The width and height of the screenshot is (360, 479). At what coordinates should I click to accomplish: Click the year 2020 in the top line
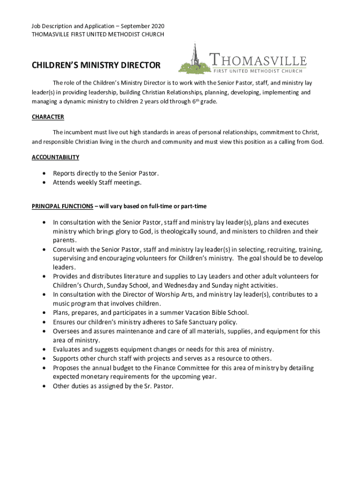[157, 26]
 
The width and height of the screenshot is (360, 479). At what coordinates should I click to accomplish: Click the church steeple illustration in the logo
[194, 58]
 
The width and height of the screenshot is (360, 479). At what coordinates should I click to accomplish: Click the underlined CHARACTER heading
[48, 117]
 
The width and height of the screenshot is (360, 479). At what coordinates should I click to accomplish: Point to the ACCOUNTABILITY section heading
[55, 157]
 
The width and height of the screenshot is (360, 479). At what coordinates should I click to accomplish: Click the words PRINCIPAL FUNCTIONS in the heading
[62, 206]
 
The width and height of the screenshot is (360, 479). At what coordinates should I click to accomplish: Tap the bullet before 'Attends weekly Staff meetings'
[44, 182]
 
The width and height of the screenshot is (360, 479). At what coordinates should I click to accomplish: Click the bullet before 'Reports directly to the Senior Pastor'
[44, 173]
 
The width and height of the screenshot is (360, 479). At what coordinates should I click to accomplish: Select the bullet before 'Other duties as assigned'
[44, 386]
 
